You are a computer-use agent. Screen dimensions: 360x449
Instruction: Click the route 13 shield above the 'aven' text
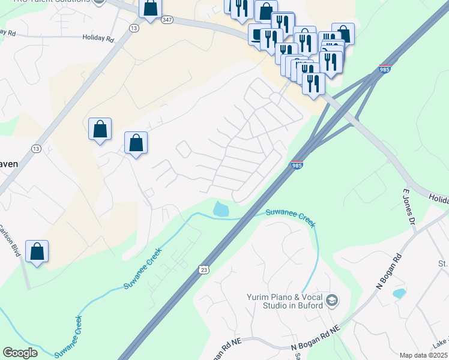37,149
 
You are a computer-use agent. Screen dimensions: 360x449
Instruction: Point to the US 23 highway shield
204,271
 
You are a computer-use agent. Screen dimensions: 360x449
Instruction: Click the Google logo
20,352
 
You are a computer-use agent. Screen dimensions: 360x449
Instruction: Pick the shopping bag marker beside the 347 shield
151,9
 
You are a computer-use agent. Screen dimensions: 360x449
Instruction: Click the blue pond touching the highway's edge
221,209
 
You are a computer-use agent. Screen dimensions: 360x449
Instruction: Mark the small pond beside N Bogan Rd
398,293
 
